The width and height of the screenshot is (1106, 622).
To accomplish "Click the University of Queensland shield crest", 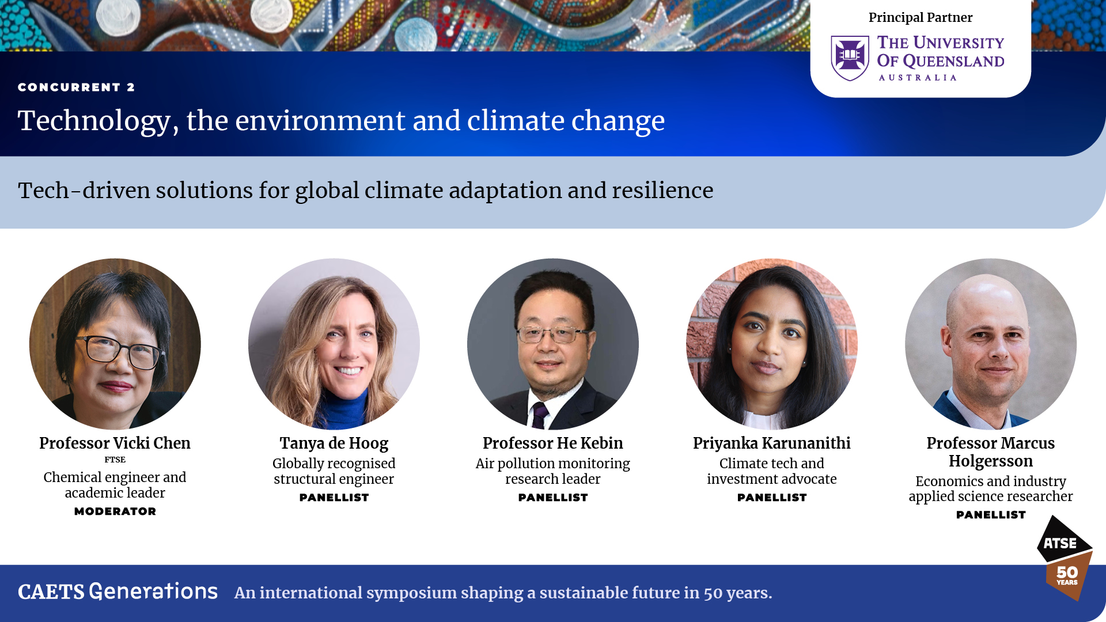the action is (850, 58).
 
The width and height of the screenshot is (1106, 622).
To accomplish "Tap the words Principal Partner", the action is (921, 17).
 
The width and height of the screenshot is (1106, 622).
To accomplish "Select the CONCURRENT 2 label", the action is (76, 87).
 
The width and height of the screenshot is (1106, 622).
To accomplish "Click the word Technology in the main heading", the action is (94, 121).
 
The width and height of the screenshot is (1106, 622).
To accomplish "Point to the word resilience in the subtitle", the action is (662, 190).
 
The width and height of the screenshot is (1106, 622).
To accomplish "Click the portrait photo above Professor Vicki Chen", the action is (115, 344).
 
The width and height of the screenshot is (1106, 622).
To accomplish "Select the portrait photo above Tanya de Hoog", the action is (334, 344).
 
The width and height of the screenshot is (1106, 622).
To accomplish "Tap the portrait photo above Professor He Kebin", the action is (553, 344).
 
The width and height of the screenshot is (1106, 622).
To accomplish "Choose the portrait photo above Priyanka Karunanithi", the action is (772, 344).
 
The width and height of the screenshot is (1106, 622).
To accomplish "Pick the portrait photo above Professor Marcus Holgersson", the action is (991, 344).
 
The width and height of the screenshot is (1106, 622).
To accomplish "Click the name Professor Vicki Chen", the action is (115, 443).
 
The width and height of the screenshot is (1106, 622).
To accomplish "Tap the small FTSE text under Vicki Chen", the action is (115, 460).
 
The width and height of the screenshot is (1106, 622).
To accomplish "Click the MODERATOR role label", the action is (115, 511).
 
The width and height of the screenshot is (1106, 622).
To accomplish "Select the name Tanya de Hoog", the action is (334, 443).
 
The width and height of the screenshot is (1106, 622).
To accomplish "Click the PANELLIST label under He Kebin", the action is (553, 498).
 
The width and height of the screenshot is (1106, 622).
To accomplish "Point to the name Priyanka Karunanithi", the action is (772, 443).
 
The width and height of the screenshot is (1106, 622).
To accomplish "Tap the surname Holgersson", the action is (991, 461).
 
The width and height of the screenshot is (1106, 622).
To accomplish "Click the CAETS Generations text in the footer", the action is (118, 592).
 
